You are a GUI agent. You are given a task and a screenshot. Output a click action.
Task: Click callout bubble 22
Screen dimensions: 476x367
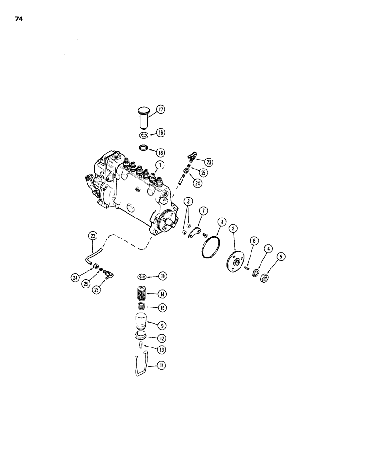click(93, 235)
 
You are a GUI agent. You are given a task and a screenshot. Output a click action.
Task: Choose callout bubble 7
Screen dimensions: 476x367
click(203, 210)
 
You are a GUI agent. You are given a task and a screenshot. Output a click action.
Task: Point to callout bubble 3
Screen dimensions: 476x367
click(189, 214)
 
